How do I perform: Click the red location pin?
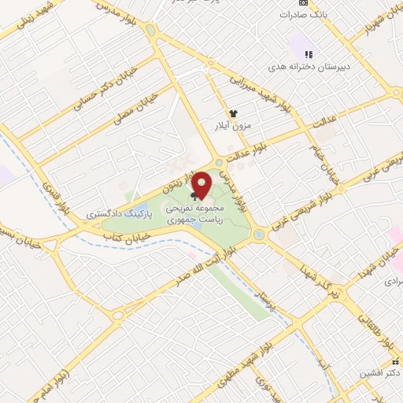[203, 184]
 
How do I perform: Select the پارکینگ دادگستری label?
[115, 213]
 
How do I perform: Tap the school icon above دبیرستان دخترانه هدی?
[309, 54]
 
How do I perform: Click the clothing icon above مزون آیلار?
[233, 113]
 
